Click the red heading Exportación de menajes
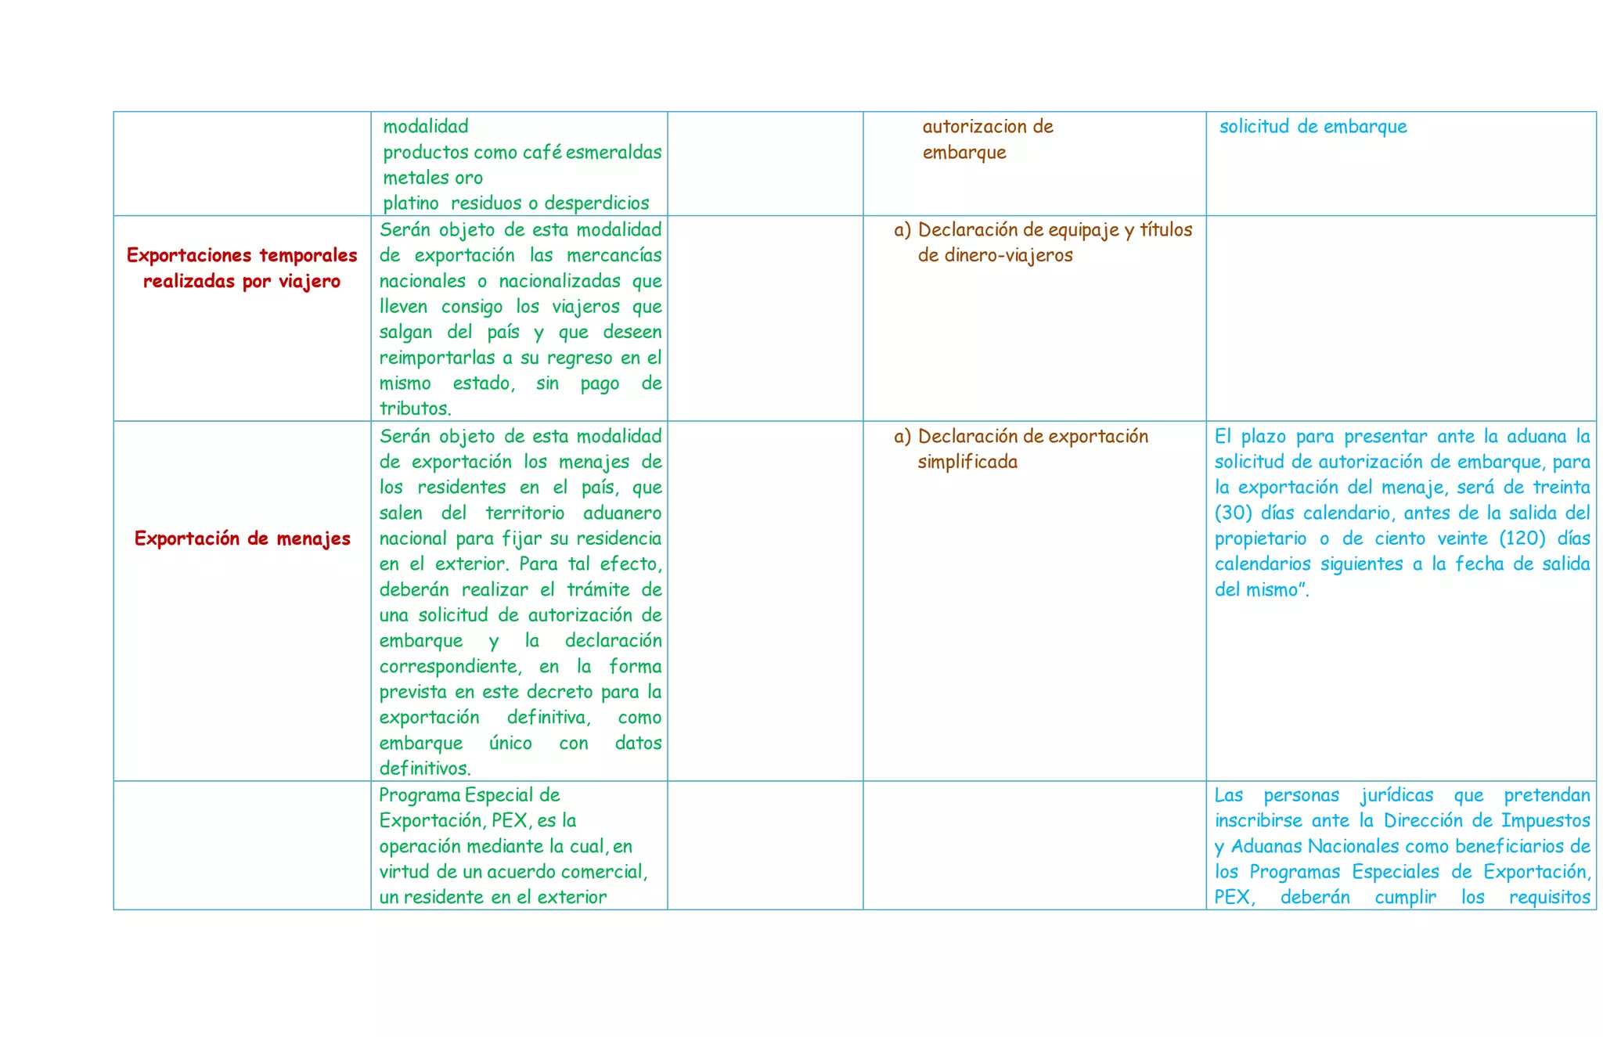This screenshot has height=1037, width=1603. pyautogui.click(x=242, y=538)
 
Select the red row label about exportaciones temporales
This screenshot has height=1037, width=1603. pyautogui.click(x=242, y=268)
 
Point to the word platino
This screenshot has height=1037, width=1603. pyautogui.click(x=411, y=203)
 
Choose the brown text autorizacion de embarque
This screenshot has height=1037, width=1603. pyautogui.click(x=987, y=139)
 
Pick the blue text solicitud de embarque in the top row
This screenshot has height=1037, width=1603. pyautogui.click(x=1313, y=127)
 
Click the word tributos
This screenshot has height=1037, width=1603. pyautogui.click(x=415, y=409)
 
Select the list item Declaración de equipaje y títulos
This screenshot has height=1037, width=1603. pyautogui.click(x=1054, y=230)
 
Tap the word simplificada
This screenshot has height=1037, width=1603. pyautogui.click(x=967, y=462)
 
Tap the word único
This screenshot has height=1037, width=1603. pyautogui.click(x=510, y=743)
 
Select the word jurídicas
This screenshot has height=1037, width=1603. pyautogui.click(x=1396, y=795)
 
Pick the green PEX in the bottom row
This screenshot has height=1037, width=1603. pyautogui.click(x=511, y=821)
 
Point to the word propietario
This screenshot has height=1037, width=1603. pyautogui.click(x=1260, y=538)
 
